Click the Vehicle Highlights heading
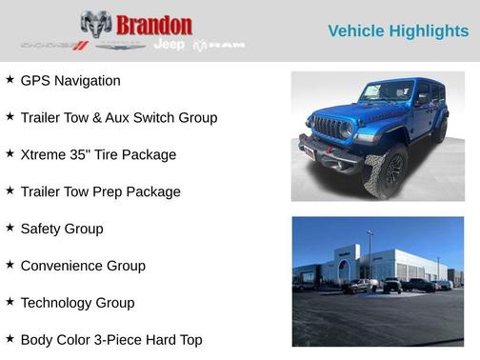398,31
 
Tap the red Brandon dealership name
153,25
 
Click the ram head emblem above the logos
96,24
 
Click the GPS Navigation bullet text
70,81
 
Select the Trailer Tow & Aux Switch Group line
119,118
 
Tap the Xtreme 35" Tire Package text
98,155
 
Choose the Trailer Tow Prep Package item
100,192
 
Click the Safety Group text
62,230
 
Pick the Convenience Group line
83,267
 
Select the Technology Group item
77,304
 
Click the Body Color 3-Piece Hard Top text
111,340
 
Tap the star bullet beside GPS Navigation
10,80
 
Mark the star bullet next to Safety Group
10,229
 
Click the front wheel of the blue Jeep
386,172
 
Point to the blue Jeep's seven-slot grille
330,127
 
